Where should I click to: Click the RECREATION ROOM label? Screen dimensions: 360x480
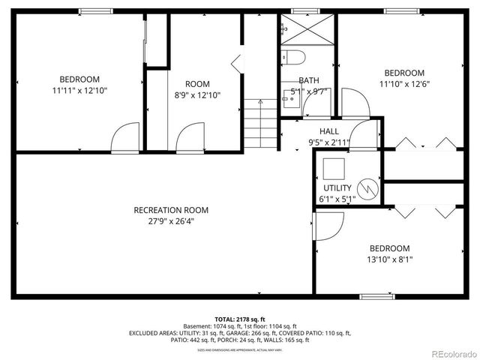click(x=171, y=210)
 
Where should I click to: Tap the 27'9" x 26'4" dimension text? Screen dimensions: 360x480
click(x=171, y=221)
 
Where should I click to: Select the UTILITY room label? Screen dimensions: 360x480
click(x=337, y=187)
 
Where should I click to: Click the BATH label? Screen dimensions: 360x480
click(x=309, y=81)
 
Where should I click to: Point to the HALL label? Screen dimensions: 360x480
click(x=328, y=131)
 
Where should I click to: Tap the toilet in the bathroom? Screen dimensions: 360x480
click(x=292, y=58)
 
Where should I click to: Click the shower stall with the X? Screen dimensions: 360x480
click(x=307, y=31)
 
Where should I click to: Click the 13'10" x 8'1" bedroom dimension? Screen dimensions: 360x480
click(x=389, y=259)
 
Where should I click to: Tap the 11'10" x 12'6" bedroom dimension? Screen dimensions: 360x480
click(x=404, y=84)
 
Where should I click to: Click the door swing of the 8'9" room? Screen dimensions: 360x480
click(x=187, y=138)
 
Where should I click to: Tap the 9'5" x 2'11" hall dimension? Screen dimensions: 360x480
click(x=328, y=142)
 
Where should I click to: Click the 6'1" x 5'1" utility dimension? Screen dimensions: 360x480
click(x=337, y=199)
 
